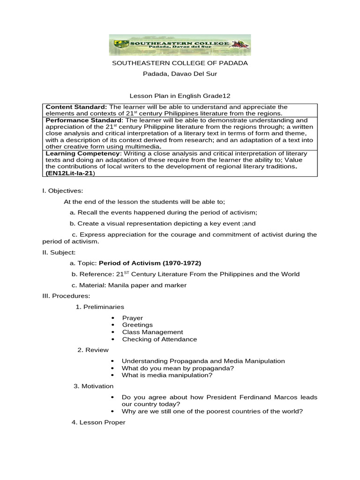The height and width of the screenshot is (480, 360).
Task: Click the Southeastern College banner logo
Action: point(180,45)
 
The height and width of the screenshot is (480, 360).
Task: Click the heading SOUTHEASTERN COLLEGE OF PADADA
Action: point(180,63)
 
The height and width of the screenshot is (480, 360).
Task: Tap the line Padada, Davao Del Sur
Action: point(180,74)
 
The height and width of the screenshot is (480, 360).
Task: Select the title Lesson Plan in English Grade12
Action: point(180,96)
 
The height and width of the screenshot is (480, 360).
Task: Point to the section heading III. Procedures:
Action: point(66,296)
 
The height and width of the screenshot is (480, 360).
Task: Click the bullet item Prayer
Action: point(132,318)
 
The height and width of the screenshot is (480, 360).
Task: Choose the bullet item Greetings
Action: point(137,325)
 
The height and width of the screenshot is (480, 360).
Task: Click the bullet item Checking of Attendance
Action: point(159,339)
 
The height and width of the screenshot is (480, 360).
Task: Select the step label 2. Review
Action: point(93,350)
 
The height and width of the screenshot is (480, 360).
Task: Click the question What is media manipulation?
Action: point(167,375)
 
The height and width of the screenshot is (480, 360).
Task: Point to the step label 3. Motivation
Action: point(93,386)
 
